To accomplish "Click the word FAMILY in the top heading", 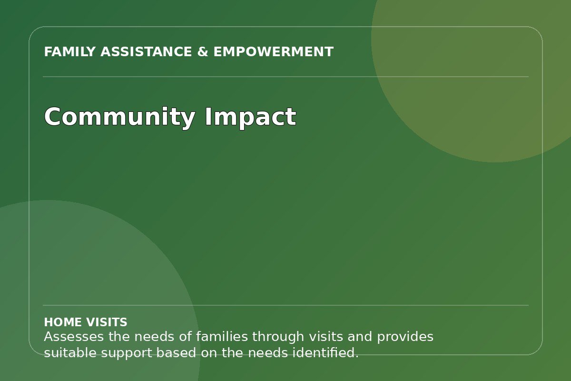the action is [x=69, y=52].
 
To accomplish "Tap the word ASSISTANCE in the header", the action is [x=146, y=52].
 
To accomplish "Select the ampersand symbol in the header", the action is [x=203, y=52].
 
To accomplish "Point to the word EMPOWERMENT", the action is [x=274, y=52].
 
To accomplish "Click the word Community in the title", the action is [x=120, y=117].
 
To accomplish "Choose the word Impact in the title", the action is [x=251, y=117].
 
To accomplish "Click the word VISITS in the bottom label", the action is [x=106, y=322].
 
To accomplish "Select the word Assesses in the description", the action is [x=74, y=337].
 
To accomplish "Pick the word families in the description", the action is [x=222, y=337].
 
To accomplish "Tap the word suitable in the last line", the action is [x=70, y=353].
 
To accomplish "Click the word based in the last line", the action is [x=176, y=353].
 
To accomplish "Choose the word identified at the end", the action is [x=325, y=353].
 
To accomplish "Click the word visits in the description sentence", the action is [x=326, y=337].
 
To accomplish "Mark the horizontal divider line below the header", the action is [x=285, y=77].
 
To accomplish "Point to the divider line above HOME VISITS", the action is [x=285, y=305].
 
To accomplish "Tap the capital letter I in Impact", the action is [x=208, y=116].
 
